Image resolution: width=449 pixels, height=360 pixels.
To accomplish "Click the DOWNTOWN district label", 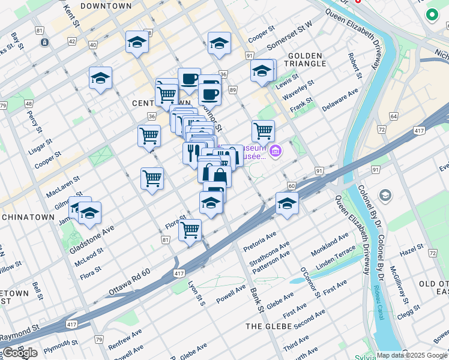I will click(x=106, y=6).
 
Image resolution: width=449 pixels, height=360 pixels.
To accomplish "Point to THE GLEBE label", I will click(x=269, y=326).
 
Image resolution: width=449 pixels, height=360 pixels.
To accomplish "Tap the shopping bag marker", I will click(x=215, y=175).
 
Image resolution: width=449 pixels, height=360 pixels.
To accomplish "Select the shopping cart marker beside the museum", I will click(x=263, y=130).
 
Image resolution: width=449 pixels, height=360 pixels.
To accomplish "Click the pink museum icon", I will click(x=276, y=151).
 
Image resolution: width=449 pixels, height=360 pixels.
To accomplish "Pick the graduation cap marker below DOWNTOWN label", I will click(x=137, y=42).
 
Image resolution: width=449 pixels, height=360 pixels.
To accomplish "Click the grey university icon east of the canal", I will click(x=385, y=196).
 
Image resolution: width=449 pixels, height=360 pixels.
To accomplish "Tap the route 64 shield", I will click(x=394, y=116).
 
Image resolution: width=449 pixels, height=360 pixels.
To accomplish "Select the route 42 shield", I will click(x=72, y=41).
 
